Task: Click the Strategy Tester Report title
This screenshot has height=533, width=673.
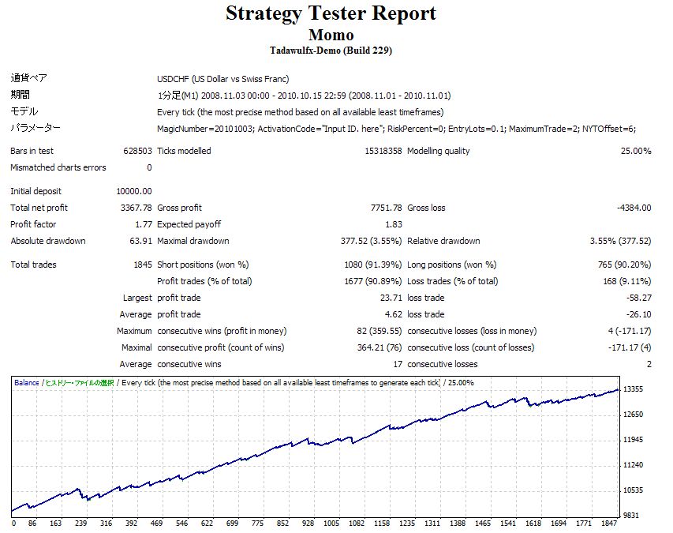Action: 331,14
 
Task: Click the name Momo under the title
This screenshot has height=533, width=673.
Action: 331,36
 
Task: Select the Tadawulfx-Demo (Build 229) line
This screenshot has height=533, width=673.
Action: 331,51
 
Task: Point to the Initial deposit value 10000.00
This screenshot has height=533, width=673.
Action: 133,191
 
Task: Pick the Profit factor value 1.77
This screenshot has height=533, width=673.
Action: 144,224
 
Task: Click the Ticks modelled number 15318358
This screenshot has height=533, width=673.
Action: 383,151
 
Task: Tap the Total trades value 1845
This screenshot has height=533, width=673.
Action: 143,265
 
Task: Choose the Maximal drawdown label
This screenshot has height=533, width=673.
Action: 193,241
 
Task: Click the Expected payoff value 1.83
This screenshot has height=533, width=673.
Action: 394,224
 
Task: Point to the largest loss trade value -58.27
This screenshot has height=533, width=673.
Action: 638,298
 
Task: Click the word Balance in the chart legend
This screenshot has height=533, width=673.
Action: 26,383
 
